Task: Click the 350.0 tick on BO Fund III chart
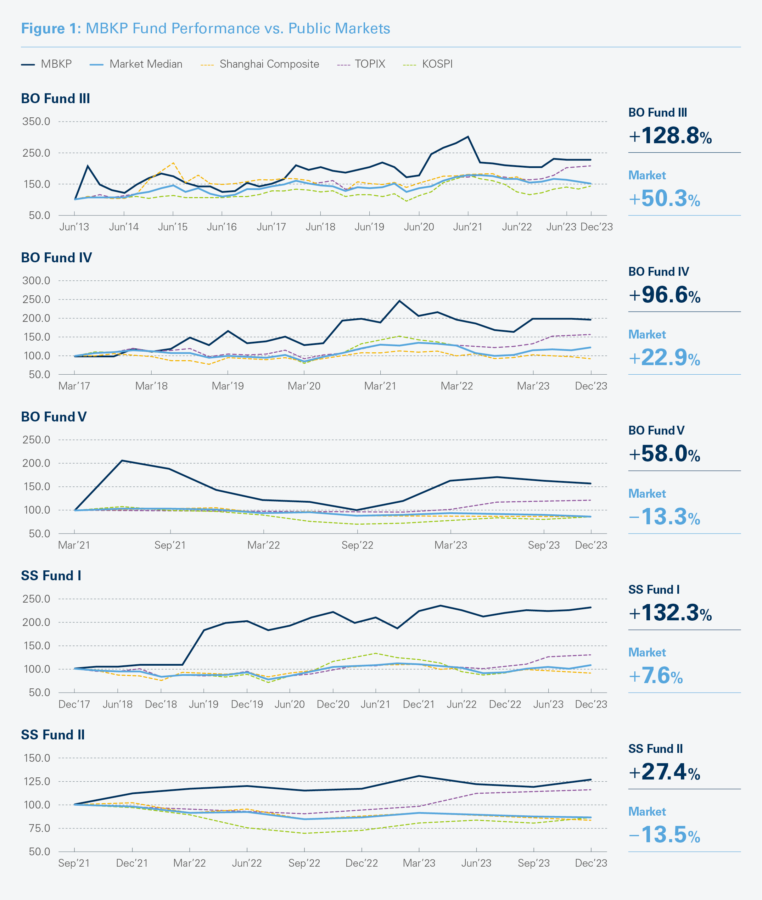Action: [36, 122]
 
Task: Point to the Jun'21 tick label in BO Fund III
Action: [468, 227]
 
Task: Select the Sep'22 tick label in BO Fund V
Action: [357, 545]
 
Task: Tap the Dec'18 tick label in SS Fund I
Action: [161, 704]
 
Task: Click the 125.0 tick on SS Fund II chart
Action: [36, 782]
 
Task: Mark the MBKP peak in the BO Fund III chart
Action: [468, 137]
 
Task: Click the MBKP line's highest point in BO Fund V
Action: [122, 460]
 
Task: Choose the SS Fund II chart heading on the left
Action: [53, 735]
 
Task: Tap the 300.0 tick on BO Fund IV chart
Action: [36, 281]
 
